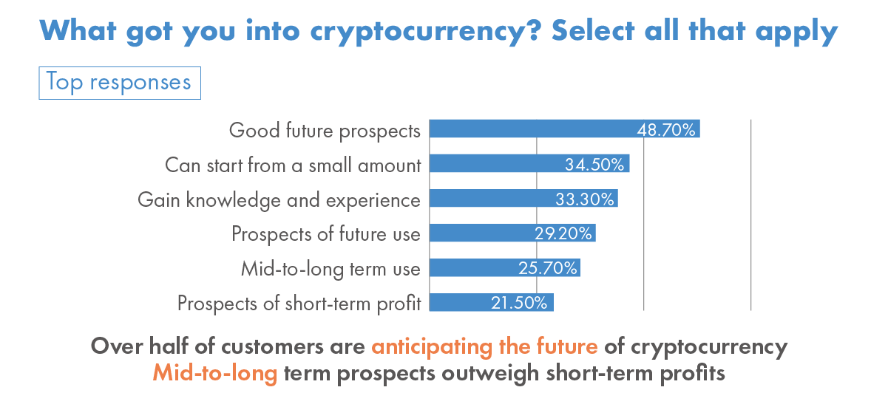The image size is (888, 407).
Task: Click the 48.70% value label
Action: click(x=667, y=131)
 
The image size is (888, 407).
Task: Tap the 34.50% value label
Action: click(x=594, y=165)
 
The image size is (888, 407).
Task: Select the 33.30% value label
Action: click(x=585, y=199)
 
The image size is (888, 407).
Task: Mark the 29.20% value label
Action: click(x=563, y=233)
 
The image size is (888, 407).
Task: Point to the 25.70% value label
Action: click(x=548, y=268)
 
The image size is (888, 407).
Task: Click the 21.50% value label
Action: click(x=519, y=302)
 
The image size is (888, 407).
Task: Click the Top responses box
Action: click(x=119, y=81)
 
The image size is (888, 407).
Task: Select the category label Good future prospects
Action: click(x=325, y=131)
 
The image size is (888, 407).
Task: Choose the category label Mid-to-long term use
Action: click(x=331, y=268)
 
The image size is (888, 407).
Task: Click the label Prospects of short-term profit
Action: click(x=299, y=303)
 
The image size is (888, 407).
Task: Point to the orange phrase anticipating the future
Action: click(x=484, y=346)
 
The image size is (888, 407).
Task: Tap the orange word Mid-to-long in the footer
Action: click(x=215, y=373)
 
